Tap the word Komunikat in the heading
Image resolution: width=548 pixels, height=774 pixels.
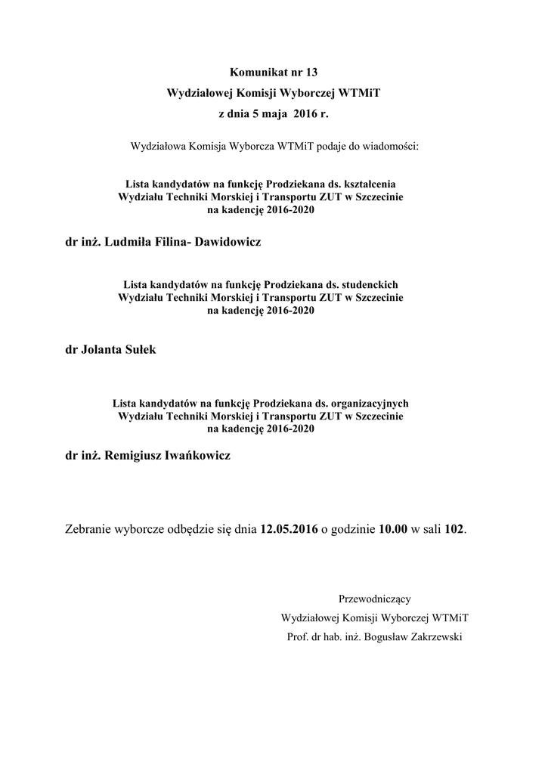pyautogui.click(x=258, y=73)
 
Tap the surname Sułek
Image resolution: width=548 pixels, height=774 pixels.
pyautogui.click(x=136, y=350)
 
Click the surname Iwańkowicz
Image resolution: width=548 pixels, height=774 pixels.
pyautogui.click(x=196, y=456)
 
